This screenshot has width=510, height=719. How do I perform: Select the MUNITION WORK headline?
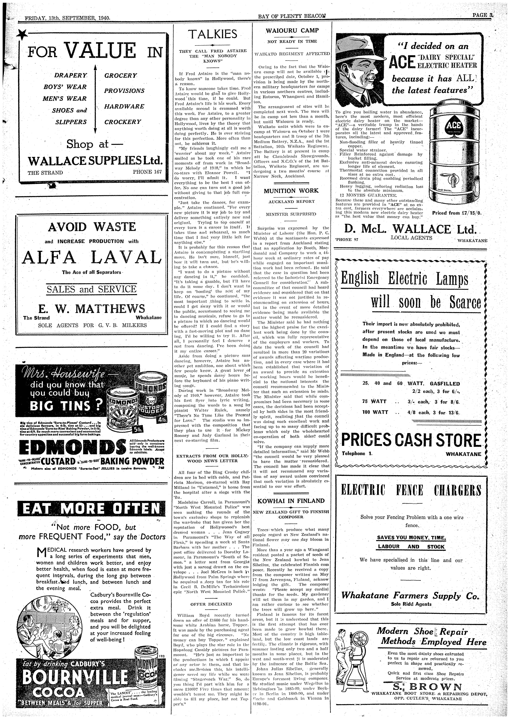pyautogui.click(x=291, y=191)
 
